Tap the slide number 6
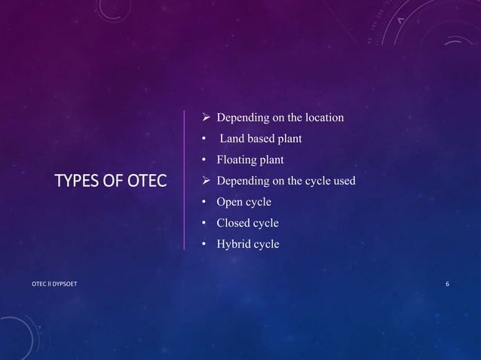click(x=448, y=283)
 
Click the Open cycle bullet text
click(x=244, y=202)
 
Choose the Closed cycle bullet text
click(x=247, y=223)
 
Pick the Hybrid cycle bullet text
click(x=247, y=244)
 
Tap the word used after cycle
click(x=341, y=181)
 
